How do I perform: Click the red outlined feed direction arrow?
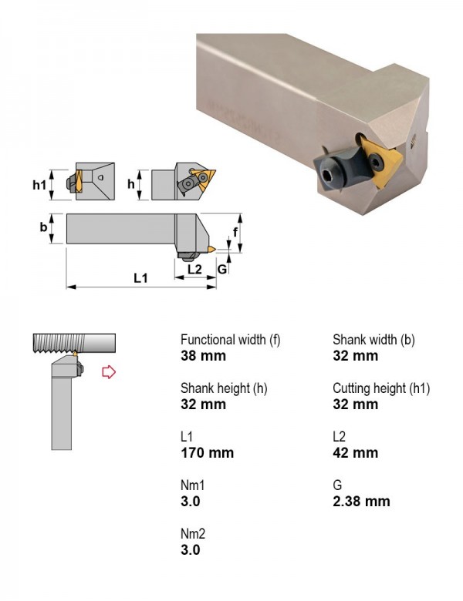(109, 372)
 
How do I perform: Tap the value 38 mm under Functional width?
(203, 356)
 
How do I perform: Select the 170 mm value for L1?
(207, 452)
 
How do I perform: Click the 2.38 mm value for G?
(361, 502)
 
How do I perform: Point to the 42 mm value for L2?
(355, 452)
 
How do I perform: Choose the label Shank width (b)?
(373, 340)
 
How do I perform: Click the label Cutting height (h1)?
(381, 388)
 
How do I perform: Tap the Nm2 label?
(193, 533)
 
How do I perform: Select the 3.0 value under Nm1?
(191, 502)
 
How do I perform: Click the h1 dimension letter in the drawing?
(39, 185)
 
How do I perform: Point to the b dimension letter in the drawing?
(43, 227)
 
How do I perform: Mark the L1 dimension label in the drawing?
(140, 277)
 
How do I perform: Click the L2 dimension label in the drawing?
(194, 269)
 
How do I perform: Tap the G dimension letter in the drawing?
(222, 270)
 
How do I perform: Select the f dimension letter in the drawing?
(235, 231)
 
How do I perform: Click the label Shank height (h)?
(224, 388)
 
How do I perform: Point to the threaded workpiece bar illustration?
(74, 343)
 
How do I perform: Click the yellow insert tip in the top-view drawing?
(211, 250)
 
